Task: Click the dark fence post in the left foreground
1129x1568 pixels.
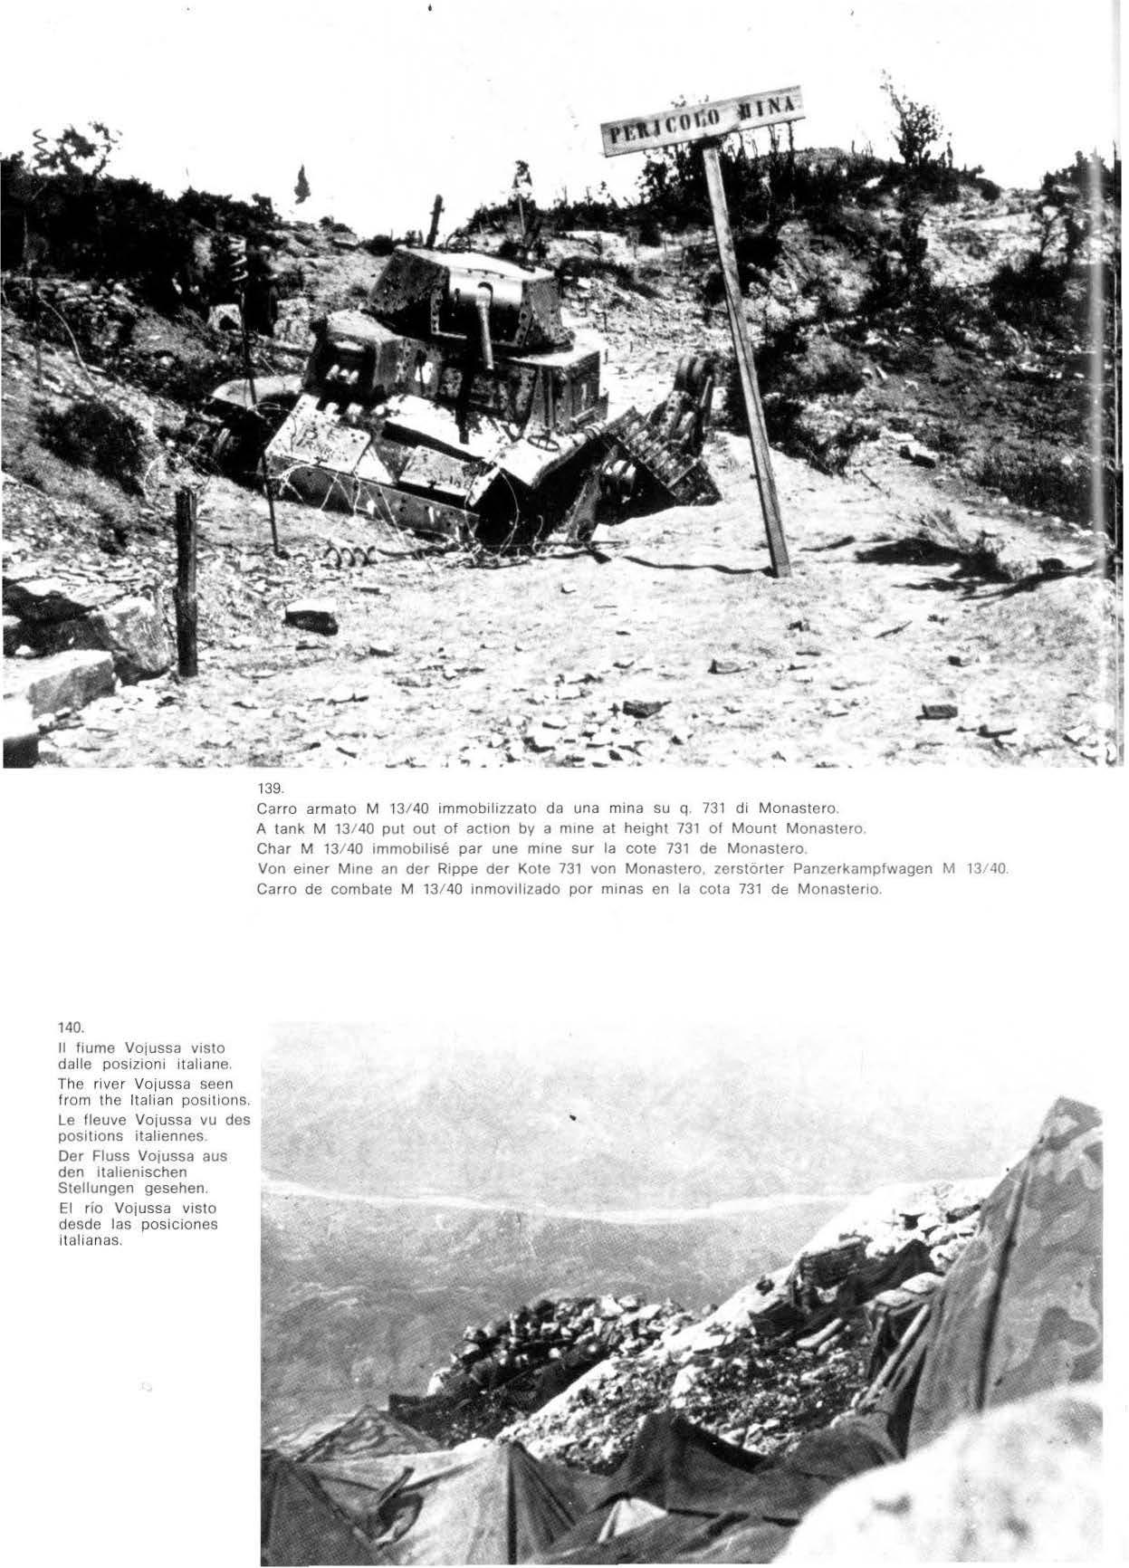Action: pyautogui.click(x=187, y=584)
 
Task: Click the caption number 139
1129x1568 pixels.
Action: pyautogui.click(x=269, y=788)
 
